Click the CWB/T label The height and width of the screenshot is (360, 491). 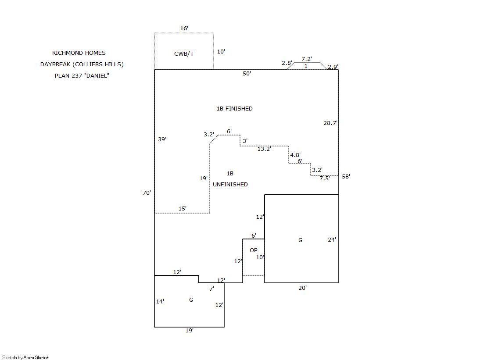pos(184,54)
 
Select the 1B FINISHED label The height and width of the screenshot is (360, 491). pos(234,109)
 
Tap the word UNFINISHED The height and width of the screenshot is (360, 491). pos(230,185)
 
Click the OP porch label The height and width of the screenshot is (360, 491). pos(253,250)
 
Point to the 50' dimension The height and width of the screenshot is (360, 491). pos(247,74)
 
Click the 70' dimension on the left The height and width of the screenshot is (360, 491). pos(147,192)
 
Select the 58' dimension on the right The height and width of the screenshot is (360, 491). pos(346,177)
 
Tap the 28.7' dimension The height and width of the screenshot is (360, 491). pos(330,123)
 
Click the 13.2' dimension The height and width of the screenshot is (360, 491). pos(264,149)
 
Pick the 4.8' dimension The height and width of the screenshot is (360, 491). pos(295,155)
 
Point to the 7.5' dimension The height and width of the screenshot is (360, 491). pos(325,178)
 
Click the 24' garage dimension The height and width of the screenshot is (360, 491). pos(332,239)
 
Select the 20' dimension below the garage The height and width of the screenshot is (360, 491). pos(303,288)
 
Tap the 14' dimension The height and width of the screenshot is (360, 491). pos(160,301)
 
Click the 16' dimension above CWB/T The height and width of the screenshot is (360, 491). pos(184,29)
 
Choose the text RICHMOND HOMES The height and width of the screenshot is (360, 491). pos(79,53)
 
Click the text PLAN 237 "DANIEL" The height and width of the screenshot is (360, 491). pos(82,75)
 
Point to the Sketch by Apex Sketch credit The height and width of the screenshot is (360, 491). pos(26,357)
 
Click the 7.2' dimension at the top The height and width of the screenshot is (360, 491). pos(307,59)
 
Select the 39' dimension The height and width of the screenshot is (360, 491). pos(162,139)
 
